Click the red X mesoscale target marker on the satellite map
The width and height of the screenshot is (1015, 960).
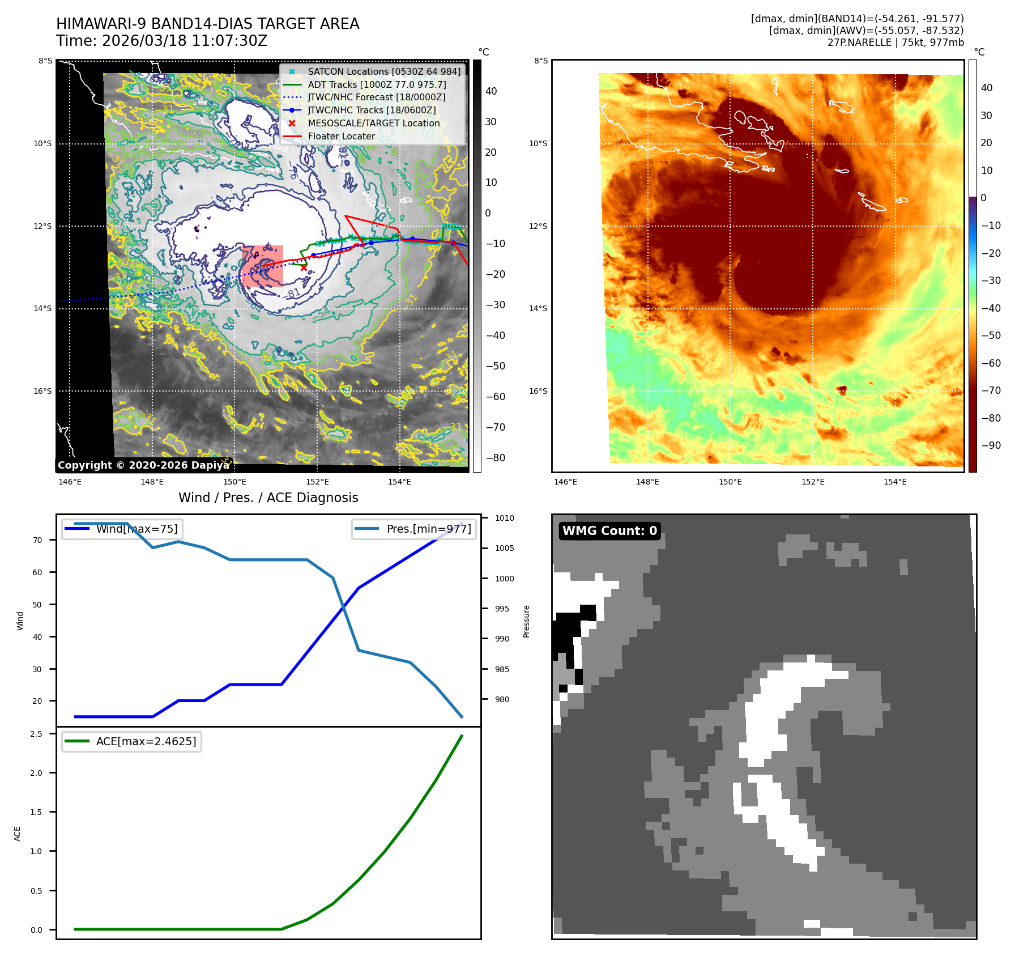[x=304, y=267]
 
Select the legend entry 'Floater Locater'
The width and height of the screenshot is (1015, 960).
[x=341, y=136]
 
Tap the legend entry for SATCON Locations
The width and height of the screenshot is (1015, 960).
[x=383, y=71]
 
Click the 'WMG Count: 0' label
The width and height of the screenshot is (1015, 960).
[x=609, y=531]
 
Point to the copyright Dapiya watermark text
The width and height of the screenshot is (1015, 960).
[x=143, y=465]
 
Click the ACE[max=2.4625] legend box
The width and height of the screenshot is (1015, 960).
[x=132, y=741]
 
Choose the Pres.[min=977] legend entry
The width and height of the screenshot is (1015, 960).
[x=414, y=529]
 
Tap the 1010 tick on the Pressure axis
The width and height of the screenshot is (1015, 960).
[x=504, y=518]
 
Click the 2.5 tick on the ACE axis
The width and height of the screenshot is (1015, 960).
[x=36, y=734]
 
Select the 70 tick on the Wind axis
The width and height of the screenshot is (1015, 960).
[x=37, y=540]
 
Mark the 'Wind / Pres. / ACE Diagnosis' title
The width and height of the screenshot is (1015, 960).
[x=268, y=498]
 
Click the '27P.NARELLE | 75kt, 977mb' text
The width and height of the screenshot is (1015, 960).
[x=895, y=43]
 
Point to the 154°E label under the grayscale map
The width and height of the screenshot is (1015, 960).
[x=399, y=482]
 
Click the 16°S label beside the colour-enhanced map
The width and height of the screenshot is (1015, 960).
[x=538, y=391]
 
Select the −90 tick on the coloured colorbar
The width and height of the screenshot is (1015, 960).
[x=991, y=445]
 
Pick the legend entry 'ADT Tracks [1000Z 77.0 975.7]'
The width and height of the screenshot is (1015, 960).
[x=377, y=84]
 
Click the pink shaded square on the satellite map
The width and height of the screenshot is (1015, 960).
[x=262, y=266]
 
